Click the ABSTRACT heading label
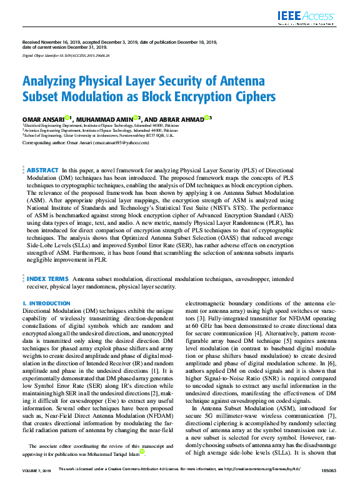pyautogui.click(x=42, y=170)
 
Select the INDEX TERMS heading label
pyautogui.click(x=47, y=278)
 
